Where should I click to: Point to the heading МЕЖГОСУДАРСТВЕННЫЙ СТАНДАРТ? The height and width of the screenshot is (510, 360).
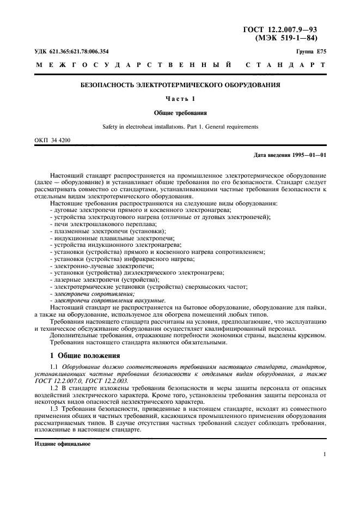(180, 65)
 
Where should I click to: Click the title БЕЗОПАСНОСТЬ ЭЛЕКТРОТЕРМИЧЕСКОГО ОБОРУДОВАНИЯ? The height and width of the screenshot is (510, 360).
(180, 86)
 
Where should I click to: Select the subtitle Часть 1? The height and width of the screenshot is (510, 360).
(180, 99)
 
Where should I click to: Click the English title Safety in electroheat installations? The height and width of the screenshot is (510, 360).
(180, 126)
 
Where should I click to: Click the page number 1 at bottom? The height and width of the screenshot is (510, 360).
(325, 454)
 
